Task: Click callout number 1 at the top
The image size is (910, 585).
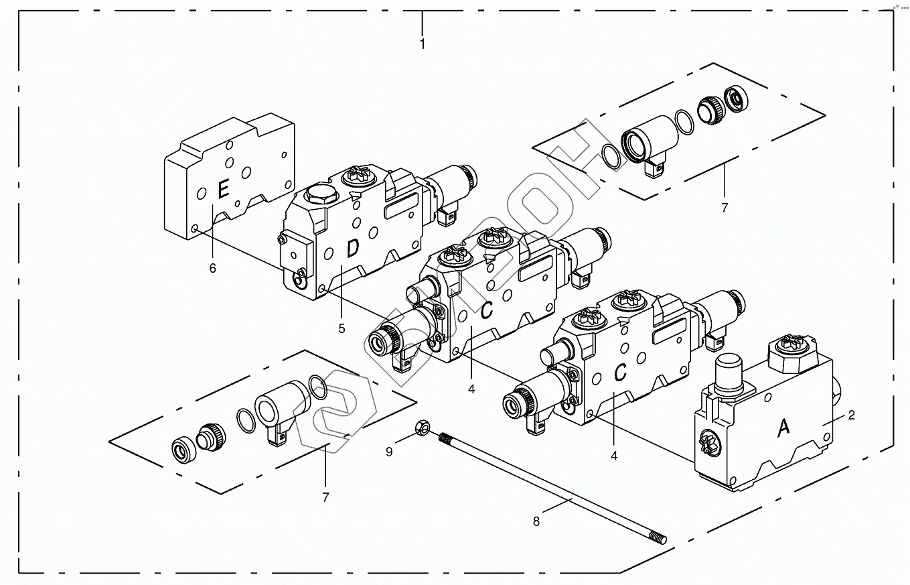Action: coord(422,44)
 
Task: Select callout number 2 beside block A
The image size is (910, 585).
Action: coord(851,415)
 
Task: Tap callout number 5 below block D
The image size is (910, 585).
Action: coord(342,328)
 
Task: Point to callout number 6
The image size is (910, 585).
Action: coord(213,268)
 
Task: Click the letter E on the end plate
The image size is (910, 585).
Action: coord(223,188)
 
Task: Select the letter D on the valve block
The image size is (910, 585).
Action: coord(353,249)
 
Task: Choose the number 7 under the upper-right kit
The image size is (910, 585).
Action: coord(724,208)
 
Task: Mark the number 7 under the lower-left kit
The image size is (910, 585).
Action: coord(325,497)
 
